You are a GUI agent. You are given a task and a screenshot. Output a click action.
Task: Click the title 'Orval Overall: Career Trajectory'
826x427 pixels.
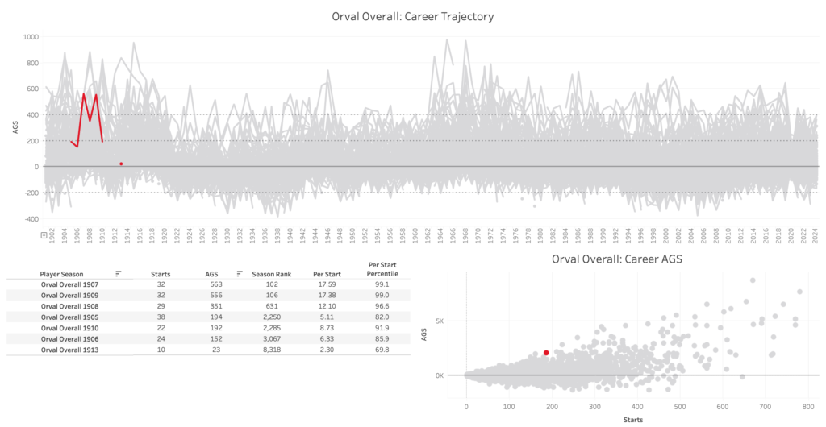click(x=412, y=16)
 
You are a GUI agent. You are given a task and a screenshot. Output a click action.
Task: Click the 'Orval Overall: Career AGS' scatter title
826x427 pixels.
click(x=617, y=259)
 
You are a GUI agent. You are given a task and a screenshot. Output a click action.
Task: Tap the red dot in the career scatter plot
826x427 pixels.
click(x=546, y=353)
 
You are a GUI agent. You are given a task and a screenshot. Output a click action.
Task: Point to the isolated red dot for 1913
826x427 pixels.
click(x=121, y=164)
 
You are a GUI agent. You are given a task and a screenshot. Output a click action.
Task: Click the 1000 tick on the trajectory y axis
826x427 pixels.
click(x=31, y=37)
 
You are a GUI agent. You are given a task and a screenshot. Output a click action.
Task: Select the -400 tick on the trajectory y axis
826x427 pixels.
click(x=30, y=219)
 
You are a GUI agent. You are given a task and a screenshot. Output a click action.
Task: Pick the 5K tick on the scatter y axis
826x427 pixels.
click(x=438, y=321)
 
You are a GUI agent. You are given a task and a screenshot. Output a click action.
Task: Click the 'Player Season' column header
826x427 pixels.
click(x=62, y=274)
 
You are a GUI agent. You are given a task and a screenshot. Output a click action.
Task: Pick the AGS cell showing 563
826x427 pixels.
click(x=212, y=284)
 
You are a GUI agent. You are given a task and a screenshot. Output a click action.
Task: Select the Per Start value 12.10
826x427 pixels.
click(x=324, y=306)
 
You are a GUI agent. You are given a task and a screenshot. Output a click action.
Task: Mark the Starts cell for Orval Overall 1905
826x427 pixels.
click(x=161, y=317)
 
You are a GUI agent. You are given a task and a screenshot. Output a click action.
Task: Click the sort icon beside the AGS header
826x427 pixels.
click(x=240, y=274)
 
